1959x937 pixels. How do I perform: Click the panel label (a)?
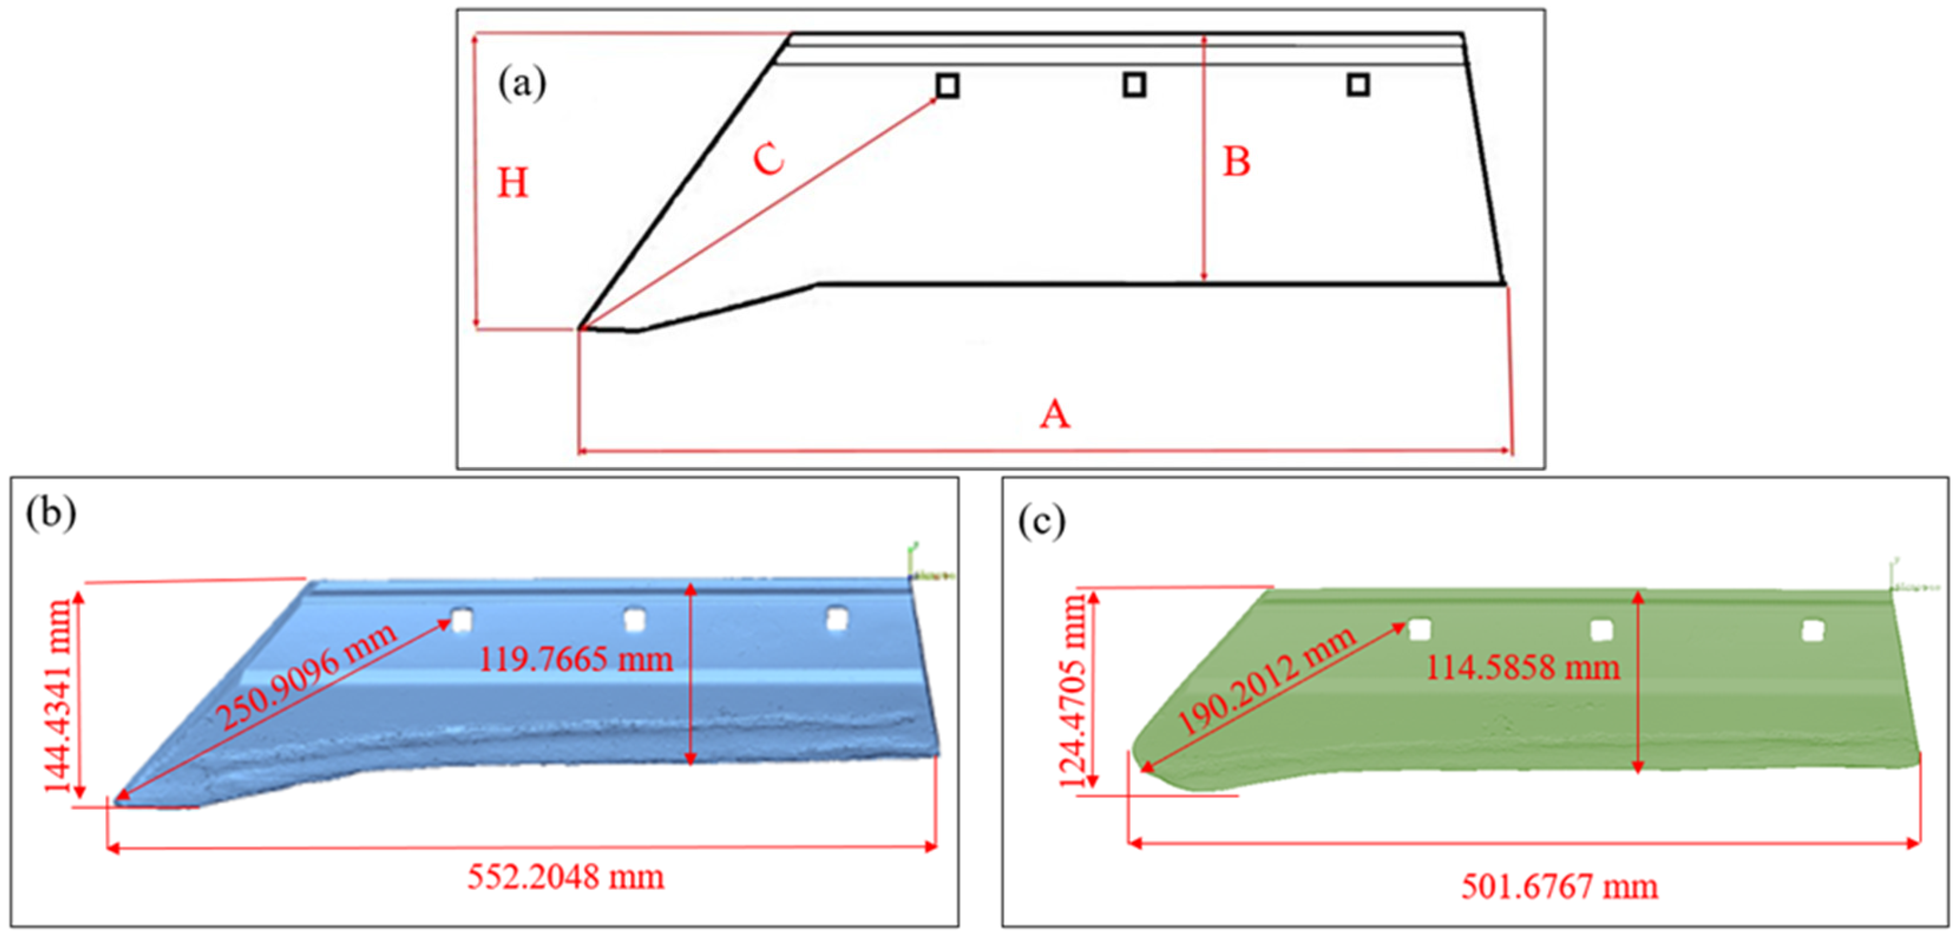tap(522, 83)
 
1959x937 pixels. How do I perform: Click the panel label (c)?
tap(1041, 522)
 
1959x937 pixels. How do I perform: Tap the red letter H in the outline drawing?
tap(513, 183)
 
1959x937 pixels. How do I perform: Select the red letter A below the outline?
tap(1055, 415)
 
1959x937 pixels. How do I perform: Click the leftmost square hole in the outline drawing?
tap(947, 86)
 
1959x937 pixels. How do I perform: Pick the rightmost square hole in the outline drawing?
tap(1358, 85)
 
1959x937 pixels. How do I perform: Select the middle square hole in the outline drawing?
tap(1134, 85)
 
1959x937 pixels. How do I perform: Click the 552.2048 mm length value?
tap(565, 877)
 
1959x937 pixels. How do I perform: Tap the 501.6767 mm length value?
tap(1559, 887)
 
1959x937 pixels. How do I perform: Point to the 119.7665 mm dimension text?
tap(575, 659)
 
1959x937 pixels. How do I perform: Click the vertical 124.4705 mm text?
tap(1074, 691)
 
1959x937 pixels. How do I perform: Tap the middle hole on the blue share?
tap(634, 620)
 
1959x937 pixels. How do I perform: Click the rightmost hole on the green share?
tap(1813, 630)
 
